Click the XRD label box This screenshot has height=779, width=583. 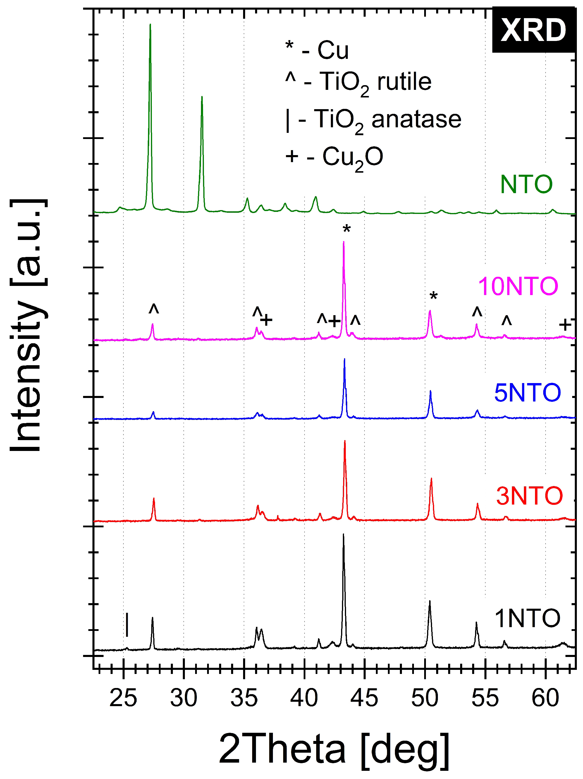pyautogui.click(x=533, y=30)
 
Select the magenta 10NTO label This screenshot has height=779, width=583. pyautogui.click(x=518, y=286)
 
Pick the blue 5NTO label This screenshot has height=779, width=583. pyautogui.click(x=527, y=393)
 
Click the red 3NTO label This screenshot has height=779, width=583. pyautogui.click(x=529, y=496)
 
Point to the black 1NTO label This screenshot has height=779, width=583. pyautogui.click(x=527, y=618)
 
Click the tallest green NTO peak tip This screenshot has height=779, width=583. pyautogui.click(x=150, y=25)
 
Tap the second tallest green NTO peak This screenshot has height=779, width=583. pyautogui.click(x=202, y=97)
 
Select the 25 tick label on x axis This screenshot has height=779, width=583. pyautogui.click(x=123, y=698)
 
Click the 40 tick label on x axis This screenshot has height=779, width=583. pyautogui.click(x=304, y=698)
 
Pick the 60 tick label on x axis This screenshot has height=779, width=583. pyautogui.click(x=545, y=698)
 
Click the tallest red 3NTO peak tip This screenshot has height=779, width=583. pyautogui.click(x=345, y=441)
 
